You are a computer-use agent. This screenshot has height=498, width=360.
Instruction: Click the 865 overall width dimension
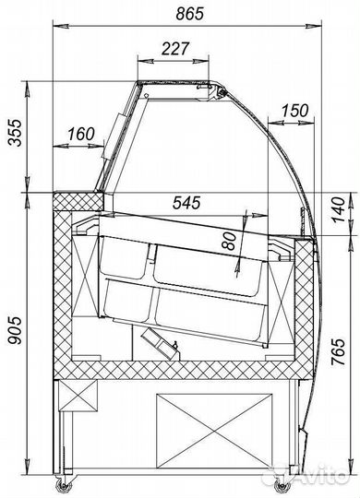[x=189, y=14]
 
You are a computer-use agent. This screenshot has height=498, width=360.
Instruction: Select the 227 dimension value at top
[x=175, y=49]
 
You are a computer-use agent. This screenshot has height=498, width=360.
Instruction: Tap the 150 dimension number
[x=294, y=111]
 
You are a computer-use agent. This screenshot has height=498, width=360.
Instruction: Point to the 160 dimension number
[x=81, y=134]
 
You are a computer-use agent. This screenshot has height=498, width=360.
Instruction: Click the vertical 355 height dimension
[x=16, y=133]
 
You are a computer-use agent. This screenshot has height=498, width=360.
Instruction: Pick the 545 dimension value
[x=186, y=203]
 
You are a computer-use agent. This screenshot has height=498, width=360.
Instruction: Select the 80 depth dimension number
[x=229, y=241]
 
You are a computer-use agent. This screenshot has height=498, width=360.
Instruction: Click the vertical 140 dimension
[x=338, y=210]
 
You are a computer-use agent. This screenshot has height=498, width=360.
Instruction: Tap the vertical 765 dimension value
[x=338, y=352]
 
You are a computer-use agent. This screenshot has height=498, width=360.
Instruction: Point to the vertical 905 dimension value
[x=15, y=330]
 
